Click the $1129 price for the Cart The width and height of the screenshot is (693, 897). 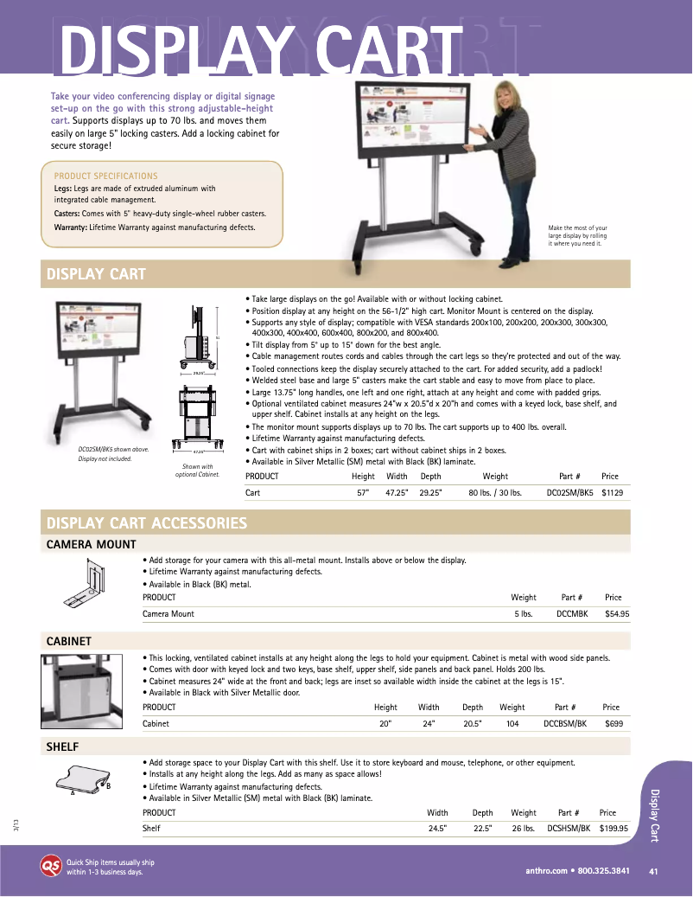click(612, 492)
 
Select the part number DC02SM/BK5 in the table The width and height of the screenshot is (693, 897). click(570, 492)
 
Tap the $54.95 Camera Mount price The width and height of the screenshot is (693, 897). click(617, 613)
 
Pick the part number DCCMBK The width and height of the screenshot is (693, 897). click(572, 613)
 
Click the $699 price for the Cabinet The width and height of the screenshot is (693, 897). click(614, 723)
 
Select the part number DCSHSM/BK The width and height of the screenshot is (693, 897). click(569, 828)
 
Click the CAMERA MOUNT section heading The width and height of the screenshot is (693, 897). click(91, 544)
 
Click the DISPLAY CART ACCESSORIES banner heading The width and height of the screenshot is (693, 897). click(147, 523)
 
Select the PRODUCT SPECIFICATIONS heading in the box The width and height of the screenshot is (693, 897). click(105, 176)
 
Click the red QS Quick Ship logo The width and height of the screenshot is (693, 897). click(50, 866)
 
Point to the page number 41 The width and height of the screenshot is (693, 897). click(653, 870)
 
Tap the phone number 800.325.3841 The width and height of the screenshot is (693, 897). click(603, 870)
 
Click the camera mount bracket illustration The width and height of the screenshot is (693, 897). click(87, 584)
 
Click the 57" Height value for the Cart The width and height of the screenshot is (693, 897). click(363, 492)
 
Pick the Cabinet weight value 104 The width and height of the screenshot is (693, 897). click(512, 723)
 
